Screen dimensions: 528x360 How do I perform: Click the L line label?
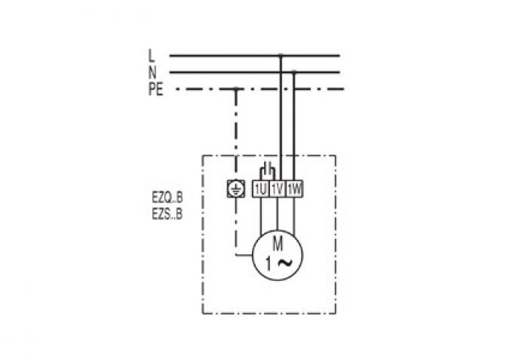click(151, 56)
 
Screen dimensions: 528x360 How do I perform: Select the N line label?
click(152, 72)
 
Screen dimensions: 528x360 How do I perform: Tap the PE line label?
click(155, 89)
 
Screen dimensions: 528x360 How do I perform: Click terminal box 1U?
click(261, 189)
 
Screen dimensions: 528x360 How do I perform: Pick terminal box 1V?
click(277, 189)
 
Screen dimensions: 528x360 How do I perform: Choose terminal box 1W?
click(294, 189)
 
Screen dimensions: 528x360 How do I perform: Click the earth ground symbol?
click(235, 189)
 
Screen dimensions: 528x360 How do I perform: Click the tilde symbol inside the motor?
click(285, 263)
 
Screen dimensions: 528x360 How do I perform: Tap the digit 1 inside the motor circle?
click(269, 264)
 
